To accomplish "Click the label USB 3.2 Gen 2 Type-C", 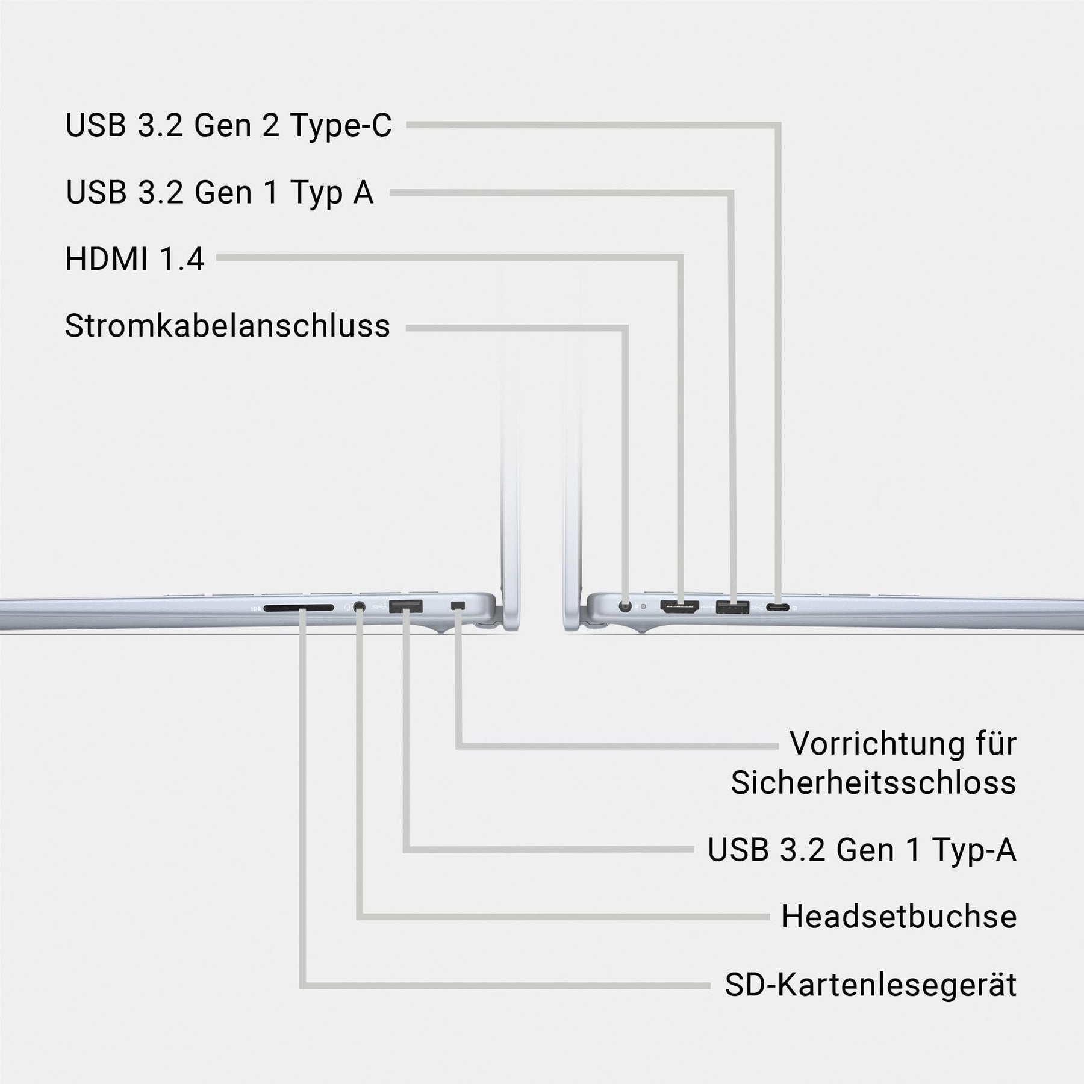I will point(228,126).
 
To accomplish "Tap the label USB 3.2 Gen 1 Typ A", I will point(219,193).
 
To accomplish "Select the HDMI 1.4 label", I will point(134,259).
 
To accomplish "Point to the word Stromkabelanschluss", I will point(227,326).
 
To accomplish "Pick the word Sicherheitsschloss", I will point(873,783).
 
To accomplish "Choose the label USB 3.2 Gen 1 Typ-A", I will point(862,850).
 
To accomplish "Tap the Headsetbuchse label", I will point(899,917).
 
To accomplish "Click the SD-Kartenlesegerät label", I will point(870,985).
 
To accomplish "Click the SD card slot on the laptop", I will point(298,608).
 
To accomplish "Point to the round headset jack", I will point(360,607).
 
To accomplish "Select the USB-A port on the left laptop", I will point(405,606).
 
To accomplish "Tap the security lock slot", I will point(459,605).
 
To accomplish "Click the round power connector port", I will point(626,606).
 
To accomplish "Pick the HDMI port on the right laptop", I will point(679,606).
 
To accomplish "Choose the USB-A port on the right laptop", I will point(732,607).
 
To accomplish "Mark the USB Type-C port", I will point(778,607).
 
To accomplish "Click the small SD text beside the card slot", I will point(254,609).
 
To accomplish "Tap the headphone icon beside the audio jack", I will point(346,606).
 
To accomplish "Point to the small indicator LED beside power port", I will point(644,606).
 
